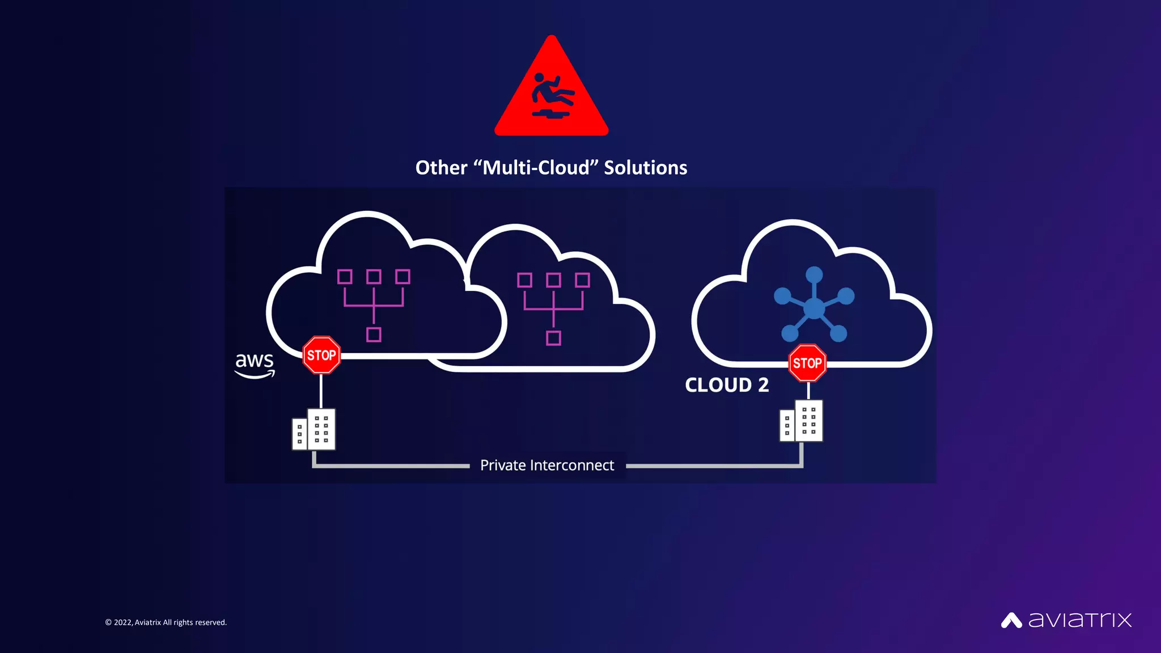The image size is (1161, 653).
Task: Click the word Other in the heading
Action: [441, 168]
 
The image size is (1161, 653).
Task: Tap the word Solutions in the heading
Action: [645, 168]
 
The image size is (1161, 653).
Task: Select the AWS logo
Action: [255, 364]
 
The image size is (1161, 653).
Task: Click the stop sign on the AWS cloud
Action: [321, 355]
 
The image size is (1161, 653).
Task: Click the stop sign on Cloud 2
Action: [807, 363]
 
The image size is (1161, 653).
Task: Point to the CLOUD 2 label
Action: [726, 385]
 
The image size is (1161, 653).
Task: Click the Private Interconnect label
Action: [547, 465]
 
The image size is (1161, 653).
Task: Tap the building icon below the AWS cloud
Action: [314, 430]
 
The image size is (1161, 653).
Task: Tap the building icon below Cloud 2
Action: [801, 421]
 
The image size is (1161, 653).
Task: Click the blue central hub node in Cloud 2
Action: [814, 308]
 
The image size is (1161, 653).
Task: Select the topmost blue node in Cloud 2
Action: [814, 275]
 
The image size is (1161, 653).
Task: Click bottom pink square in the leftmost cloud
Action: [374, 334]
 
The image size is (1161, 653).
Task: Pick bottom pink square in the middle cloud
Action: [553, 338]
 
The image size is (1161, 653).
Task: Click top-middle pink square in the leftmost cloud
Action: [374, 277]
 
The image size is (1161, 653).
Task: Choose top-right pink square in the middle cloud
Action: [582, 280]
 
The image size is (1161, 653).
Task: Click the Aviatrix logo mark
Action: [1011, 620]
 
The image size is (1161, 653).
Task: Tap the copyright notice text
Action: [166, 622]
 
